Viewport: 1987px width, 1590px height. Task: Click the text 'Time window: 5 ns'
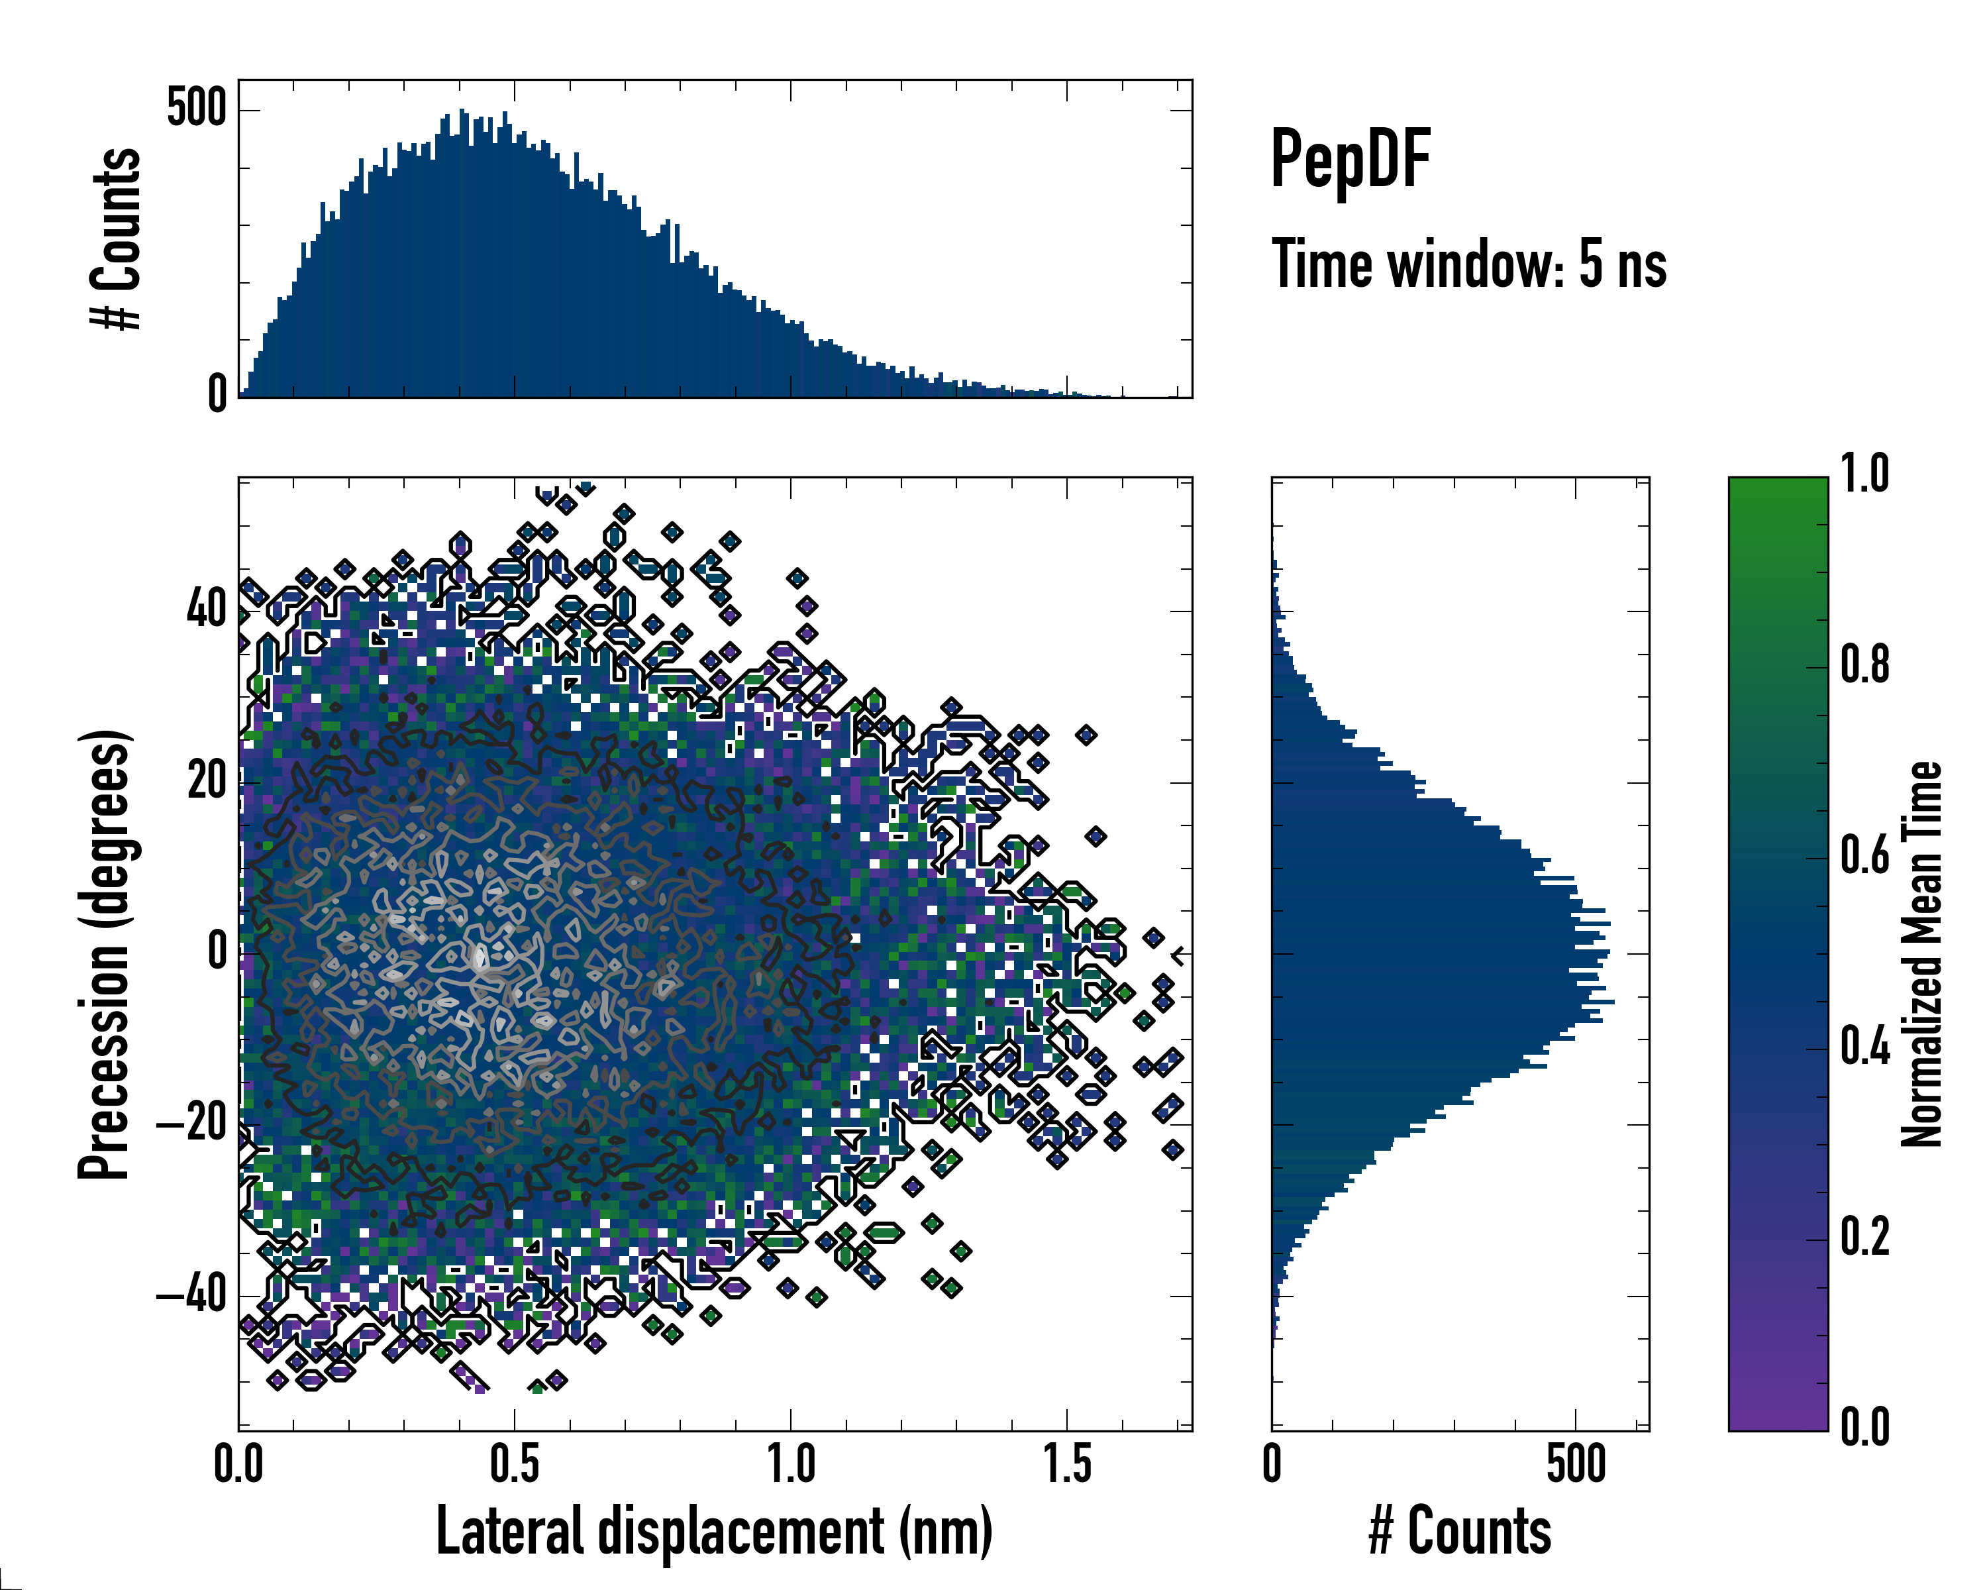[x=1469, y=264]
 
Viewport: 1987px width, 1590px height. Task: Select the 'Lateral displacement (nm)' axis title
[x=714, y=1531]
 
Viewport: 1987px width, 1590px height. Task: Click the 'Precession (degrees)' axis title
[x=104, y=954]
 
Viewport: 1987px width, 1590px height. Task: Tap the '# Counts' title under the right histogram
[x=1460, y=1531]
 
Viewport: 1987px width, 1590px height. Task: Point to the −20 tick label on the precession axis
[x=191, y=1124]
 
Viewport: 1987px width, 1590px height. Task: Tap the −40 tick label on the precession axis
[x=191, y=1295]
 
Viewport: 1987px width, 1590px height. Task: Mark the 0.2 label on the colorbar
[x=1864, y=1237]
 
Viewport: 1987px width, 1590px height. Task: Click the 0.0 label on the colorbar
[x=1864, y=1427]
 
